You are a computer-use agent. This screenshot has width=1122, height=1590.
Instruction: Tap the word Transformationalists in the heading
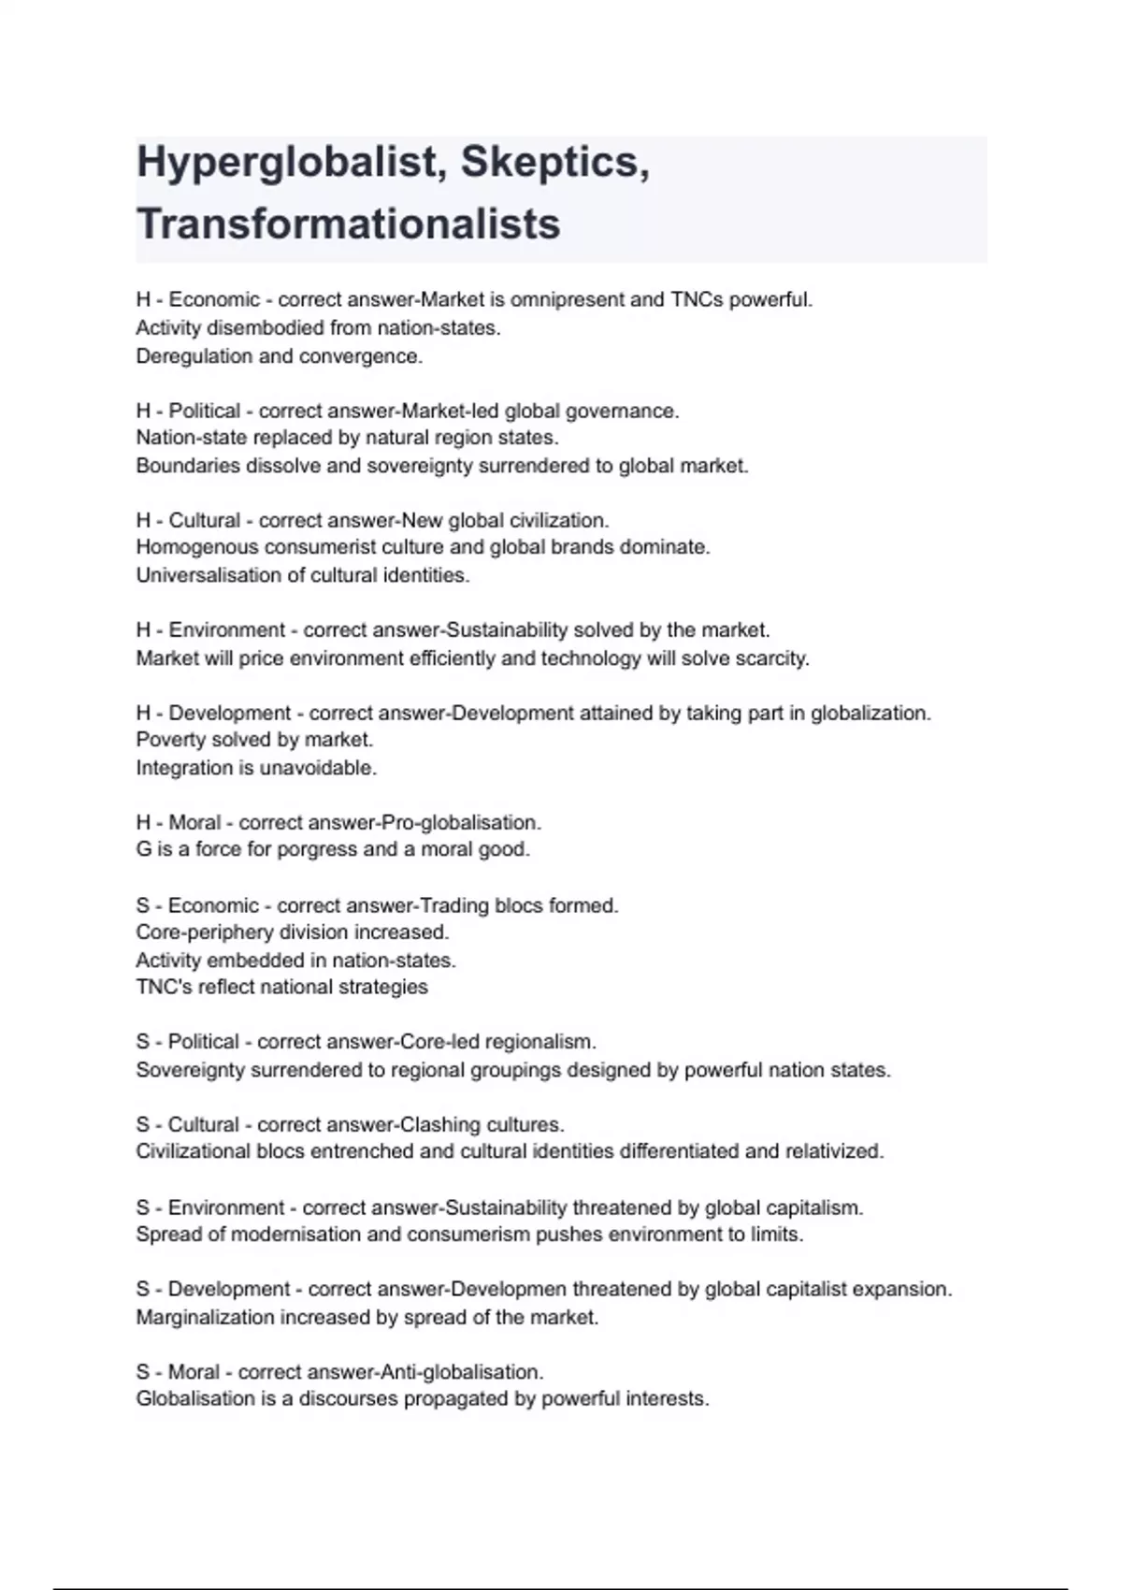(x=349, y=224)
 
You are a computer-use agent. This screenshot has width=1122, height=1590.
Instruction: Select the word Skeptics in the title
(x=554, y=163)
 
